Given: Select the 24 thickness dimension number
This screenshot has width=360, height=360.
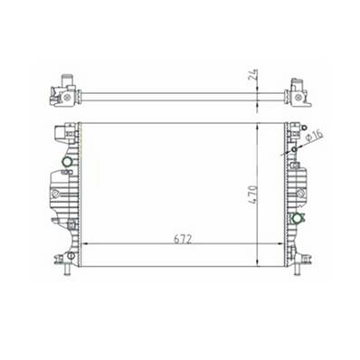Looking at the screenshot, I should pos(256,79).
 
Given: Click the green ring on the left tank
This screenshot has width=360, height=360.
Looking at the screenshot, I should pos(65,164).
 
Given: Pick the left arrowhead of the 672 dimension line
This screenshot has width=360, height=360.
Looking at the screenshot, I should pos(85,244).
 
